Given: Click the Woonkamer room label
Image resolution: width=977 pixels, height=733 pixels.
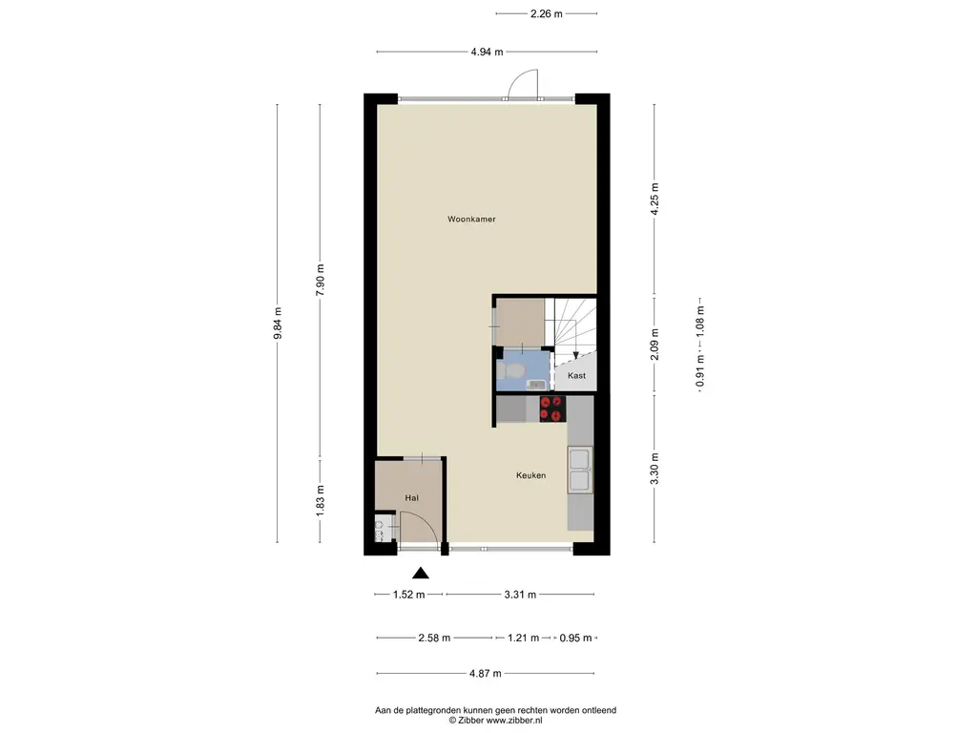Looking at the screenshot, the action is pyautogui.click(x=471, y=220).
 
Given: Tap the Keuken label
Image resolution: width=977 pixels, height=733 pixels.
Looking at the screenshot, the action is pyautogui.click(x=530, y=475).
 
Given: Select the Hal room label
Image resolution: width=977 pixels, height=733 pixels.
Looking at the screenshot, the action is pyautogui.click(x=411, y=498).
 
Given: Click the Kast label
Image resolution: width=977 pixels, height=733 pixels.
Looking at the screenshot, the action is pyautogui.click(x=576, y=376).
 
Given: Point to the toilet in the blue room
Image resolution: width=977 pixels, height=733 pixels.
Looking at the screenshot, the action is pyautogui.click(x=512, y=371).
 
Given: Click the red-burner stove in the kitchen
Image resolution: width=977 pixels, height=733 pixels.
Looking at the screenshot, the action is pyautogui.click(x=552, y=408).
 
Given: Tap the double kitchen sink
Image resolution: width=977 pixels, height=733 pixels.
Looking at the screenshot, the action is pyautogui.click(x=579, y=470).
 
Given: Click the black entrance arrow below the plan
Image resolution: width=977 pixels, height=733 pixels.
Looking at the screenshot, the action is pyautogui.click(x=421, y=573).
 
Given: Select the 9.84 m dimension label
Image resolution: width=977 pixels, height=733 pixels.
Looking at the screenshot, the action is pyautogui.click(x=278, y=324).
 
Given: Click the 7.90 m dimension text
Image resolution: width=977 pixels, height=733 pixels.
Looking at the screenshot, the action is pyautogui.click(x=321, y=281).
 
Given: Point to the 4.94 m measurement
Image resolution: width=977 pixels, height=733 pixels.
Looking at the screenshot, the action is pyautogui.click(x=487, y=52).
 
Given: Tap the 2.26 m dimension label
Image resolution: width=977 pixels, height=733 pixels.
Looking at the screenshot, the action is pyautogui.click(x=547, y=13).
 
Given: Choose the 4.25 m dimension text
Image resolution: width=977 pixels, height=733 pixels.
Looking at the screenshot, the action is pyautogui.click(x=655, y=199).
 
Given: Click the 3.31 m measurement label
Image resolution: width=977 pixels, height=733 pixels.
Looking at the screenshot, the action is pyautogui.click(x=520, y=595).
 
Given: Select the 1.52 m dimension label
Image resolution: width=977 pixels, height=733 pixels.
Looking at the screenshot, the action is pyautogui.click(x=408, y=595).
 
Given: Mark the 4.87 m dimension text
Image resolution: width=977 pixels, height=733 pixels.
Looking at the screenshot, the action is pyautogui.click(x=486, y=673).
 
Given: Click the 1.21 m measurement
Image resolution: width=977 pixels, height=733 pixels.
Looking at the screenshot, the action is pyautogui.click(x=524, y=638).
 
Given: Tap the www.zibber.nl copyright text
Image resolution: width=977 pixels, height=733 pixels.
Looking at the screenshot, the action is pyautogui.click(x=514, y=720).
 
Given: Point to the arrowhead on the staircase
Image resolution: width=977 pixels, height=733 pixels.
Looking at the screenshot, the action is pyautogui.click(x=575, y=355).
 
